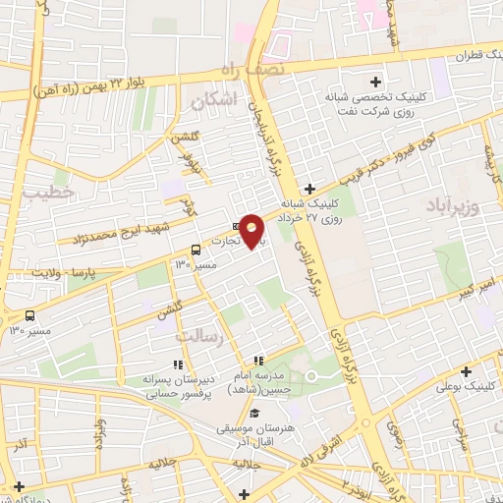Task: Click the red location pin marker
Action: (x=252, y=231)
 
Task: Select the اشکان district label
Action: (x=215, y=101)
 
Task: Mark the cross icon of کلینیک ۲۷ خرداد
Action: (x=309, y=188)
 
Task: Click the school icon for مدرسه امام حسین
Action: (x=258, y=362)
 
